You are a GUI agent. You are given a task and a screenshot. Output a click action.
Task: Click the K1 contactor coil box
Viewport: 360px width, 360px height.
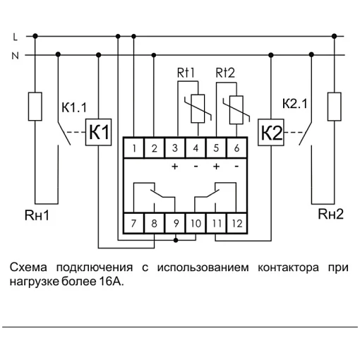pyautogui.click(x=98, y=132)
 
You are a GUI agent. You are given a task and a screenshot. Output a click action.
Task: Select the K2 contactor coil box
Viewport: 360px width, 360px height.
pyautogui.click(x=271, y=133)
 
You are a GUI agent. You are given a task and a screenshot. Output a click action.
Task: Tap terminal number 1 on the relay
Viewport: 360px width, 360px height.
pyautogui.click(x=133, y=148)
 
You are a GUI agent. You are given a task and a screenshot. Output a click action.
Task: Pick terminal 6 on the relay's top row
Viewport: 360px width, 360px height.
pyautogui.click(x=236, y=148)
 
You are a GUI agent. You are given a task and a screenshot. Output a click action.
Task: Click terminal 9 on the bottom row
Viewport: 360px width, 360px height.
pyautogui.click(x=175, y=223)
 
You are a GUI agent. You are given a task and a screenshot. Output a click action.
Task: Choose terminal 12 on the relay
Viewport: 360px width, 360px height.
pyautogui.click(x=237, y=223)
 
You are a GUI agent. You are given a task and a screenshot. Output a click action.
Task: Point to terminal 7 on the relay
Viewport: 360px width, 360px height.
pyautogui.click(x=133, y=223)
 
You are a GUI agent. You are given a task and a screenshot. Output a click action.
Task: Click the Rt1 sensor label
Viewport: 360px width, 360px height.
pyautogui.click(x=186, y=73)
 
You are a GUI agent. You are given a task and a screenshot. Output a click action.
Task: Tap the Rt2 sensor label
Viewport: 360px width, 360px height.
pyautogui.click(x=225, y=73)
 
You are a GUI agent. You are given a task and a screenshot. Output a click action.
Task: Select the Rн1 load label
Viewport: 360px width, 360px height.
pyautogui.click(x=37, y=215)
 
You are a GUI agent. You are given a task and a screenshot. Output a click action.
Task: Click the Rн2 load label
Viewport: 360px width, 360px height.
pyautogui.click(x=330, y=214)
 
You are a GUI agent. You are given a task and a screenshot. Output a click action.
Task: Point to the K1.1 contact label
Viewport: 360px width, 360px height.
pyautogui.click(x=74, y=107)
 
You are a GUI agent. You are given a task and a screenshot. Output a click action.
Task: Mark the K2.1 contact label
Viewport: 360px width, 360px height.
pyautogui.click(x=295, y=104)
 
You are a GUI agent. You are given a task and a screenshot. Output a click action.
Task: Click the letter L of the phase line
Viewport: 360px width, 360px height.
pyautogui.click(x=16, y=37)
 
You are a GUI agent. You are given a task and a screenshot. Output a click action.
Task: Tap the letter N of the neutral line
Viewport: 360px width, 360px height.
pyautogui.click(x=15, y=56)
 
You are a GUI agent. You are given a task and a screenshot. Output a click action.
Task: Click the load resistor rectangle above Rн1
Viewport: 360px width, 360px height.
pyautogui.click(x=35, y=107)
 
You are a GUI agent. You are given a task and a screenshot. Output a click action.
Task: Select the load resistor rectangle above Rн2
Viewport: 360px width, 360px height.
pyautogui.click(x=335, y=107)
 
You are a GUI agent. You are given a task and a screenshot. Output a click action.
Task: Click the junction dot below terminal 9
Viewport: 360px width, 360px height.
pyautogui.click(x=176, y=240)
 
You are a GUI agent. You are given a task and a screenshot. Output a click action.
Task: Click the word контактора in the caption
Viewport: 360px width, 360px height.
pyautogui.click(x=288, y=268)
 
